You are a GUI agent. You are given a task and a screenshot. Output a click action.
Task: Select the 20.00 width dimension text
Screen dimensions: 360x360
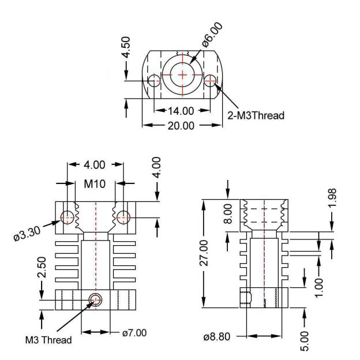181,125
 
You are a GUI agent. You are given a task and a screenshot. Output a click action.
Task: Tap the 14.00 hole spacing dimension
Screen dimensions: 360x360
181,111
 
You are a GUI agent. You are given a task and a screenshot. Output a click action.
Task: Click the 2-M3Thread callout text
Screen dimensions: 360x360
256,115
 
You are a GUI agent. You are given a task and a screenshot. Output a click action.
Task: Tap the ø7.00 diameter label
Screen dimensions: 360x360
134,332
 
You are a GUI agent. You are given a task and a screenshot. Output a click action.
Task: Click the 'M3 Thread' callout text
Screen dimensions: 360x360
48,340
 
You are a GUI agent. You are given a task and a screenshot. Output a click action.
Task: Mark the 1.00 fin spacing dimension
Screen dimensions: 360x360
319,286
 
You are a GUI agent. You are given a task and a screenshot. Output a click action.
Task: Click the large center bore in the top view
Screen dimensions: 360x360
183,74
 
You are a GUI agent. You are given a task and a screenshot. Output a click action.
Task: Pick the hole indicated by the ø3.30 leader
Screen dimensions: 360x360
68,217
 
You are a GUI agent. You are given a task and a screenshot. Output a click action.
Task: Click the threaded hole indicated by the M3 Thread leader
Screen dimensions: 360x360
95,298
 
